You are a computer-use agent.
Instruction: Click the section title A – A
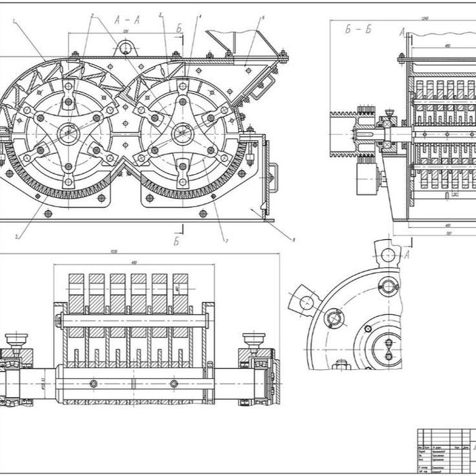(x=127, y=19)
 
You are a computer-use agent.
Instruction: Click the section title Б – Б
(x=359, y=29)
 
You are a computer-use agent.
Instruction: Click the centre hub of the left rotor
(x=68, y=131)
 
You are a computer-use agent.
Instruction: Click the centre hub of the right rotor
(x=182, y=131)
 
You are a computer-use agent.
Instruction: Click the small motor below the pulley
(x=367, y=182)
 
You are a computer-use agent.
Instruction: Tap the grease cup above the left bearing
(x=15, y=339)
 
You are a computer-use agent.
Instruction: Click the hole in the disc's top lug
(x=388, y=255)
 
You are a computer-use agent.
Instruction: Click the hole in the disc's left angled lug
(x=305, y=300)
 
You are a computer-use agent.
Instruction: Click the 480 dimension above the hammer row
(x=135, y=263)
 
